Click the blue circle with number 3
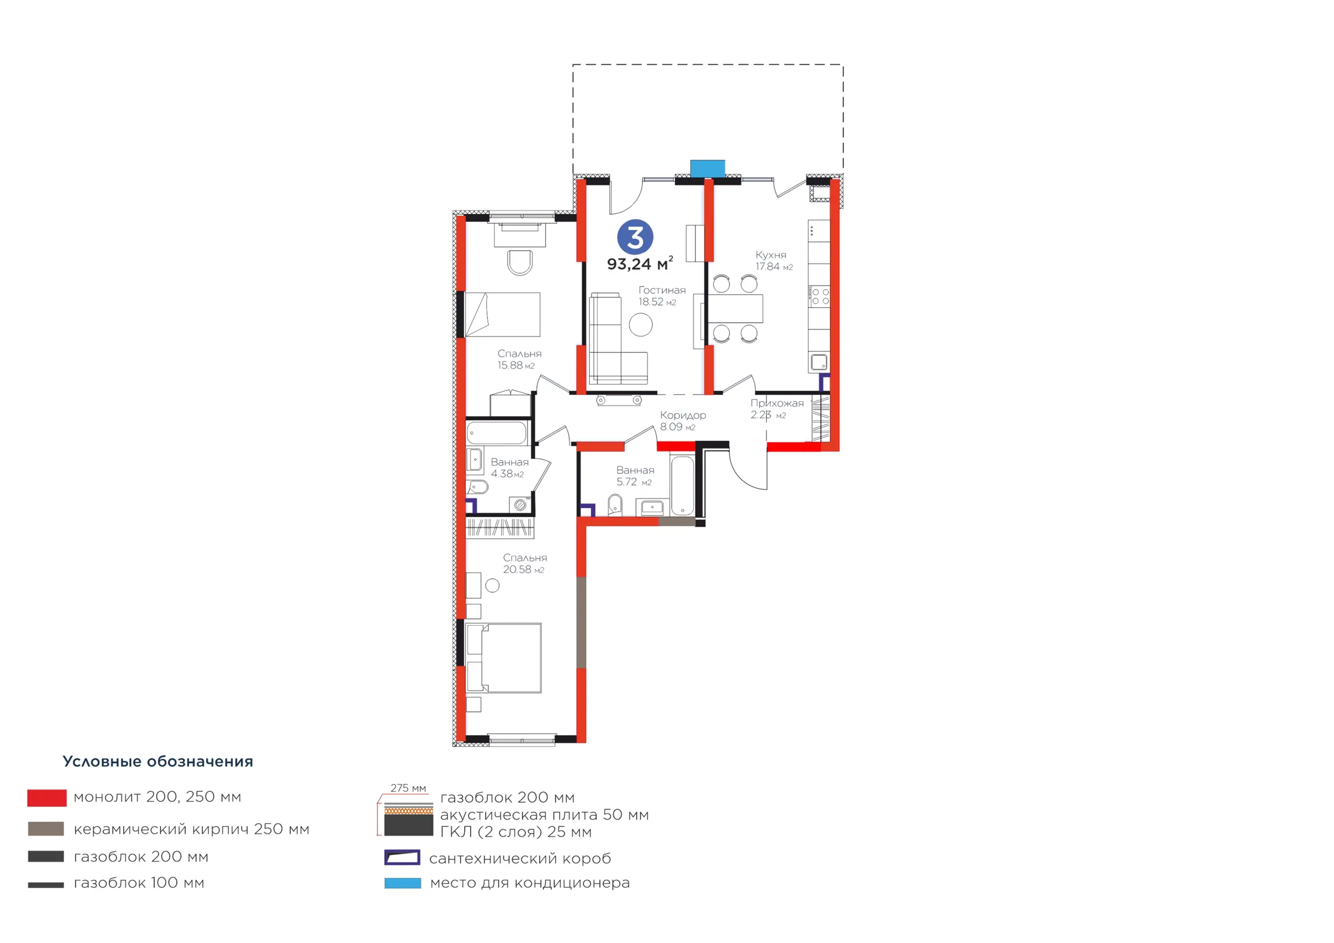(635, 237)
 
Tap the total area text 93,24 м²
(640, 264)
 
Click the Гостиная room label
(662, 290)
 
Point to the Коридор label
(683, 415)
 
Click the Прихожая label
(777, 403)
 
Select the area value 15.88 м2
(516, 365)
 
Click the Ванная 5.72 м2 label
(635, 476)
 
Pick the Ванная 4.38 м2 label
(510, 468)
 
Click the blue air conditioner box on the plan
(707, 168)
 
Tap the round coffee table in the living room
(640, 324)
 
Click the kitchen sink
(819, 363)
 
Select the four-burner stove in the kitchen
(820, 296)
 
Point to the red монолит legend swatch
(46, 798)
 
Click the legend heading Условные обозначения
(157, 761)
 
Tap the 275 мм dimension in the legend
(408, 788)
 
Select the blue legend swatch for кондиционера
(403, 883)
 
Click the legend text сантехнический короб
(520, 858)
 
